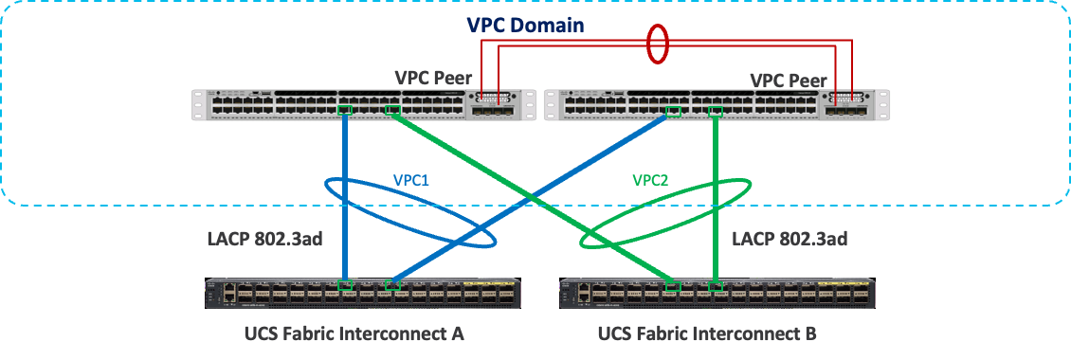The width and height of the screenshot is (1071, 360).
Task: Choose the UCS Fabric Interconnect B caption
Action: click(706, 333)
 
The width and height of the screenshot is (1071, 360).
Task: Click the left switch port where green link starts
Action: click(392, 112)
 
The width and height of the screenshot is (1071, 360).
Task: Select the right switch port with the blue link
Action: click(673, 112)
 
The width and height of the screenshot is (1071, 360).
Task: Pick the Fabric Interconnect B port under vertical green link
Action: click(716, 285)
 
